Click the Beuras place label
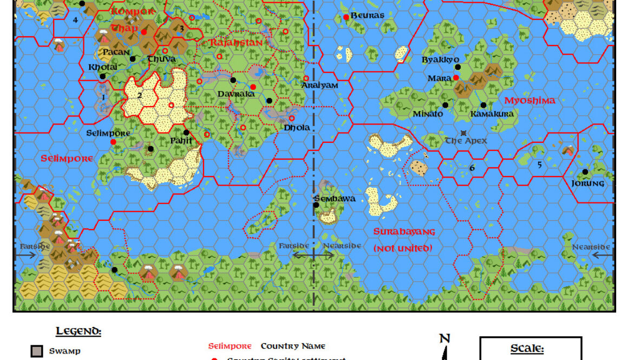[x=368, y=16]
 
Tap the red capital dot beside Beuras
[x=346, y=17]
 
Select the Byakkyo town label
[x=440, y=60]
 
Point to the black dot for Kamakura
[x=483, y=105]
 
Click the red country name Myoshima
[x=529, y=101]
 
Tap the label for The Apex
[x=466, y=141]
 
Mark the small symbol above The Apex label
[x=463, y=133]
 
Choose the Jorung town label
[x=587, y=183]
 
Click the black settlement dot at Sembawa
[x=316, y=205]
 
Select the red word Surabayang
[x=404, y=232]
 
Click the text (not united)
[x=403, y=248]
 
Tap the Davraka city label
[x=236, y=94]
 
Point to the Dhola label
[x=297, y=128]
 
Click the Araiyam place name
[x=320, y=86]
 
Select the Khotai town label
[x=102, y=68]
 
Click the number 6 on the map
[x=472, y=168]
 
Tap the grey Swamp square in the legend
[x=37, y=351]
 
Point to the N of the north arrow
[x=444, y=339]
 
